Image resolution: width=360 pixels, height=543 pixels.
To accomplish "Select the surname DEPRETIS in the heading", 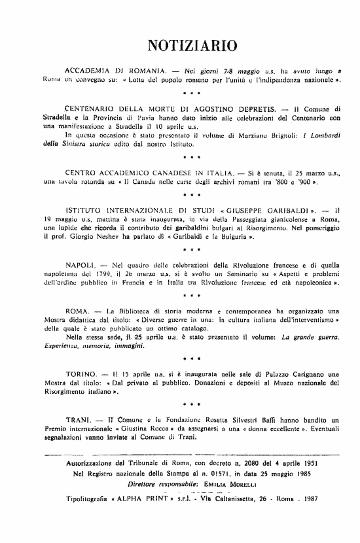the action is point(249,107).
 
